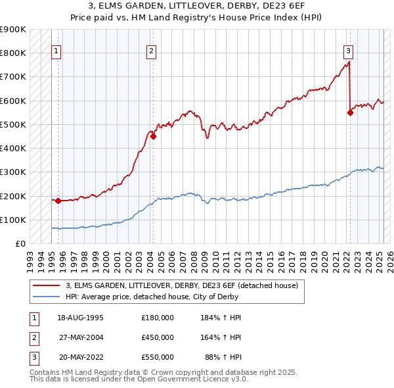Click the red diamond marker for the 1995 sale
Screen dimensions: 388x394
58,201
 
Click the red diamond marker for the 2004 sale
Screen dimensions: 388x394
153,137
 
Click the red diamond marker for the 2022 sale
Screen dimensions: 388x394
350,112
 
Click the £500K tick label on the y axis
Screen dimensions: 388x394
13,124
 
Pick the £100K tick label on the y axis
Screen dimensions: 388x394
13,220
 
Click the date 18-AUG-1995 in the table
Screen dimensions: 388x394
80,318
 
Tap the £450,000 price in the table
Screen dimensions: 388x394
158,337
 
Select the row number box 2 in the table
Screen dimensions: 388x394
33,337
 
